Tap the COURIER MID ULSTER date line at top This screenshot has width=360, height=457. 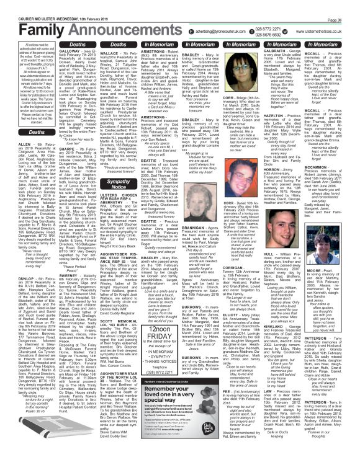(37, 4)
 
